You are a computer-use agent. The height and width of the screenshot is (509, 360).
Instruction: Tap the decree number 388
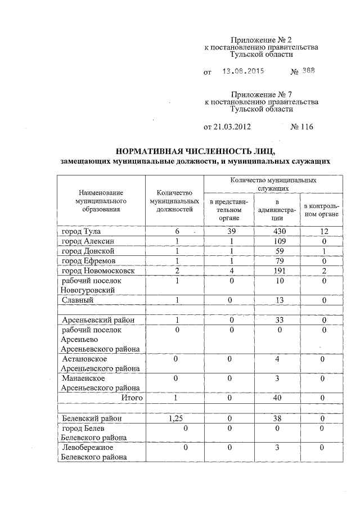[308, 71]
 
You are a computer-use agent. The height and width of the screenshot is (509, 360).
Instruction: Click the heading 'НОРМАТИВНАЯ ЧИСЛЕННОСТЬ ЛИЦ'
[195, 151]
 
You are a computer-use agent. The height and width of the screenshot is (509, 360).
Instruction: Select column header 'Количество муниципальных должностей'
[175, 200]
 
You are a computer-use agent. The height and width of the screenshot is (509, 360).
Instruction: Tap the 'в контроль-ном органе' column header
[321, 209]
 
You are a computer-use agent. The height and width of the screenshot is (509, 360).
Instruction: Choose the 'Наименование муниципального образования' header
[101, 200]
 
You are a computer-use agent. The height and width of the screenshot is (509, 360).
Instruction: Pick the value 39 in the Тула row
[228, 232]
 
